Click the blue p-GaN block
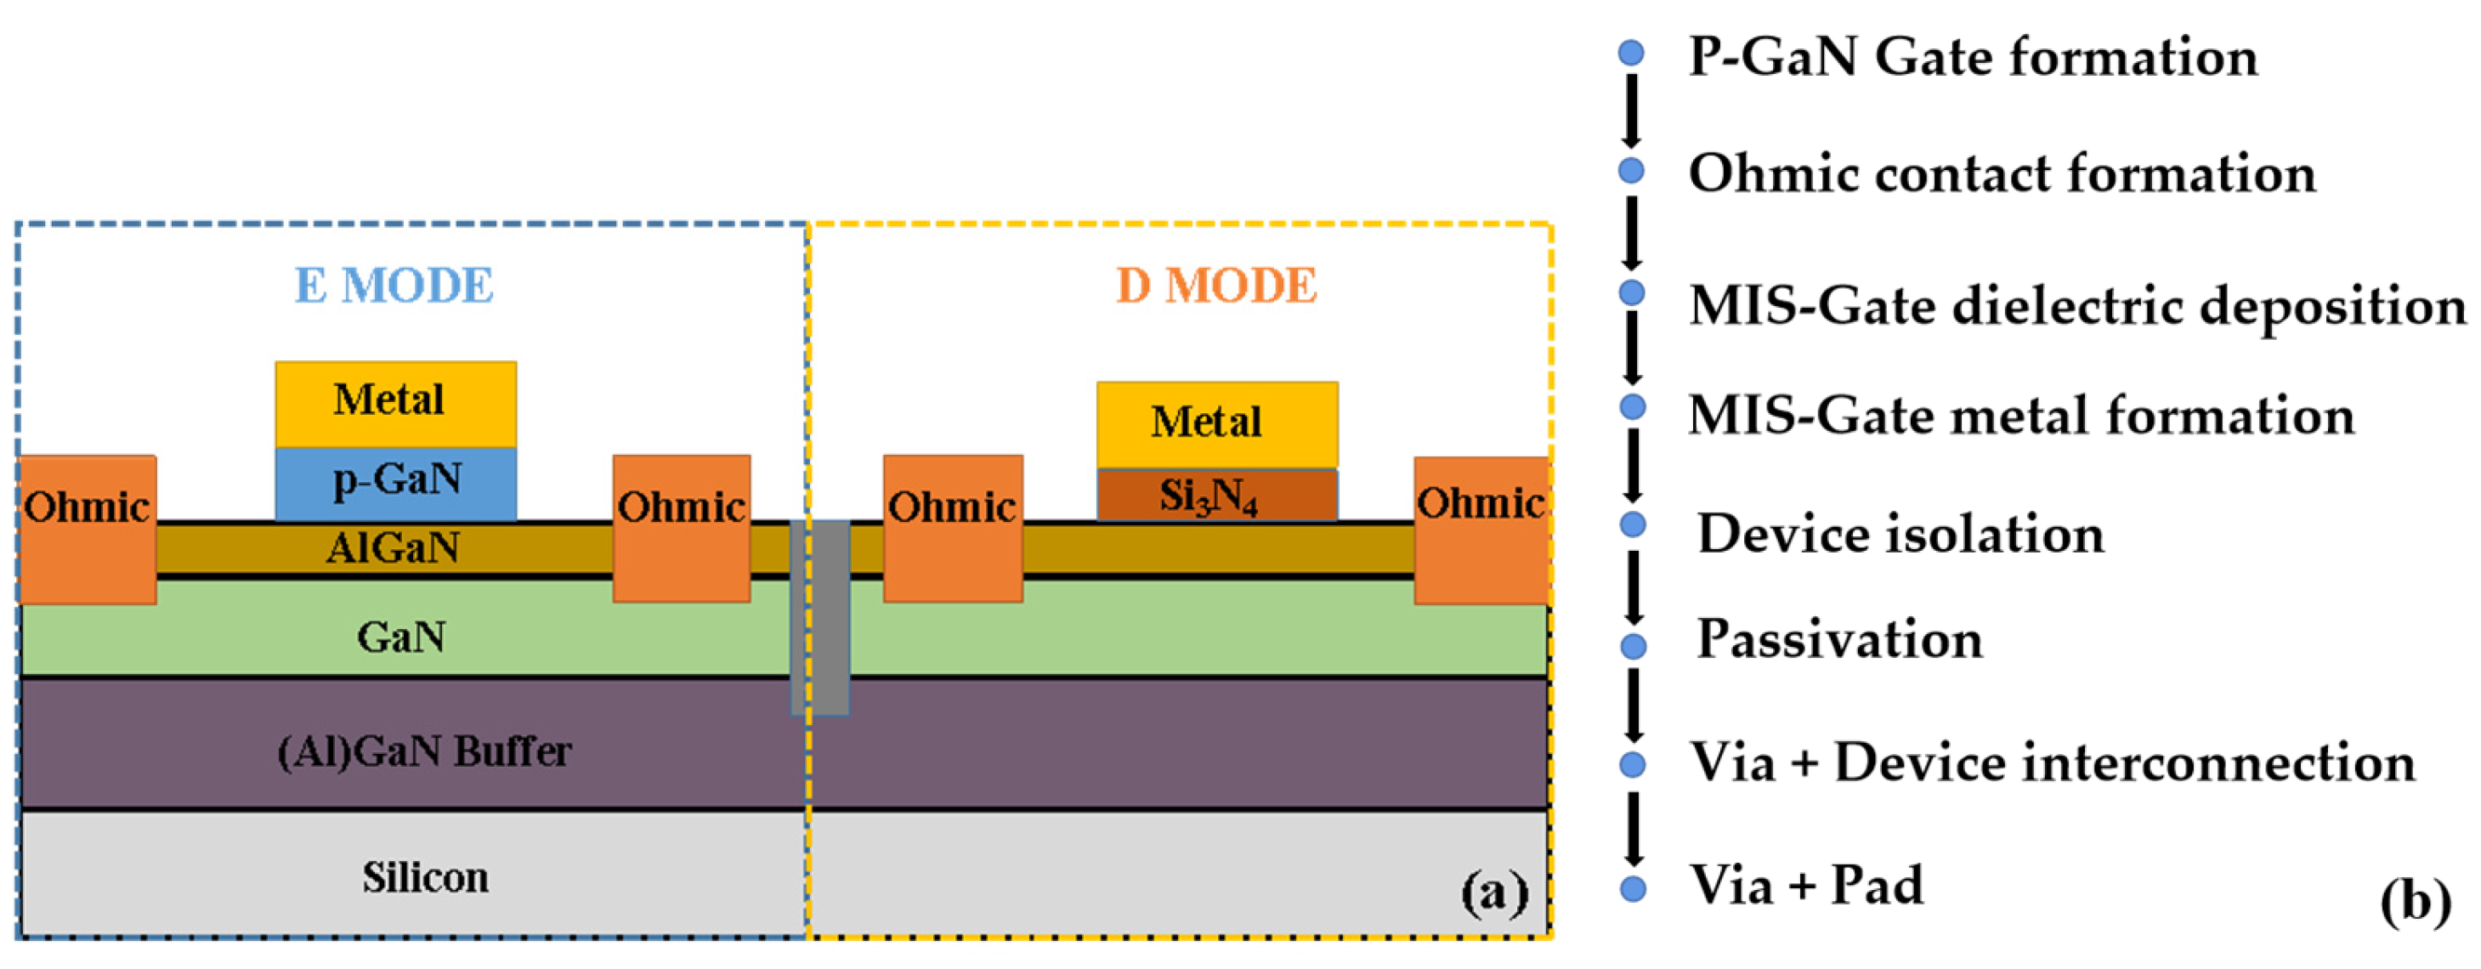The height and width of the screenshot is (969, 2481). [x=396, y=482]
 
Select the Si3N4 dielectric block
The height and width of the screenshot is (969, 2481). [x=1216, y=494]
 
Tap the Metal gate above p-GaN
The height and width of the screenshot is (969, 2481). [x=396, y=403]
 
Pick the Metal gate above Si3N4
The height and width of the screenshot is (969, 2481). [x=1216, y=424]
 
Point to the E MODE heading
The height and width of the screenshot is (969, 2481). [x=394, y=286]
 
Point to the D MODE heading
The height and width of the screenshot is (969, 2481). [x=1216, y=286]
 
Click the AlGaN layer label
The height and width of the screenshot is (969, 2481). [x=393, y=549]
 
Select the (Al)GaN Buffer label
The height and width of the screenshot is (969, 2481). [x=425, y=751]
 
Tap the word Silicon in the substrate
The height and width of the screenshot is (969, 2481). [x=425, y=877]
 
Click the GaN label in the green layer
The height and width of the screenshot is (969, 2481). [x=400, y=637]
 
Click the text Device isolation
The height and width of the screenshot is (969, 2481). [x=1900, y=535]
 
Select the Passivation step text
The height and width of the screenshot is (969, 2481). [x=1839, y=639]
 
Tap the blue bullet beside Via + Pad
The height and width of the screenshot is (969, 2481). [x=1633, y=888]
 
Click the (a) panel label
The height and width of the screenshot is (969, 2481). [x=1494, y=892]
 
